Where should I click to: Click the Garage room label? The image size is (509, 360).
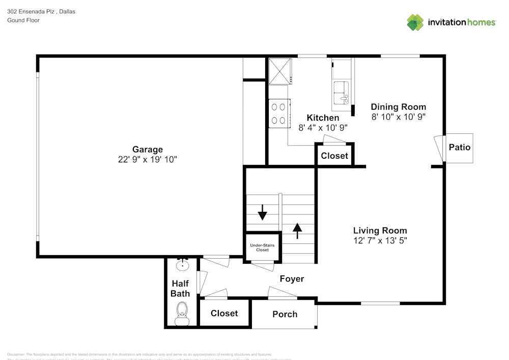pos(148,149)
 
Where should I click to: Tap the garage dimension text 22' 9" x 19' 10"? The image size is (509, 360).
pos(148,159)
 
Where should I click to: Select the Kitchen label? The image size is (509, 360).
pos(323,118)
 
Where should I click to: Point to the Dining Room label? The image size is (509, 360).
pos(398,106)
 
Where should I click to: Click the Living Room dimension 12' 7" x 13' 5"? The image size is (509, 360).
pos(380,240)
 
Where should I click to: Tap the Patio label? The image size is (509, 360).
pos(460,148)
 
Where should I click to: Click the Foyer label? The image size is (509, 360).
pos(292,279)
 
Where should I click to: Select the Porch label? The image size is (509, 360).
pos(285,314)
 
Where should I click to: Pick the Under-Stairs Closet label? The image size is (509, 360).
pos(262,247)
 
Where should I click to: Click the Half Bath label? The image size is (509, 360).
pos(180,288)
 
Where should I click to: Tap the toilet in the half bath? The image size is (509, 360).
pos(181,313)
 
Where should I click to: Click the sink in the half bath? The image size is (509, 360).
pos(182,265)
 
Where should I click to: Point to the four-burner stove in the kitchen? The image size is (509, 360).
pos(279,114)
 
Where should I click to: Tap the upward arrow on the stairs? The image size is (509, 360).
pos(297,230)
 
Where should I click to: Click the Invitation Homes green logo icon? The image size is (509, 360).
pos(415,22)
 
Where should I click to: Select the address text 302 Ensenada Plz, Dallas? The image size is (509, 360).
pos(41,11)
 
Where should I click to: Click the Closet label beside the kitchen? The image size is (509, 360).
pos(334,156)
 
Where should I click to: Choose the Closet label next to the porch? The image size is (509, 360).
pos(224,313)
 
